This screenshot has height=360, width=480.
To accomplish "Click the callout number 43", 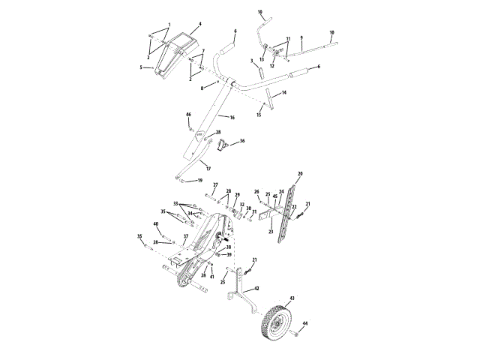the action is (292, 298).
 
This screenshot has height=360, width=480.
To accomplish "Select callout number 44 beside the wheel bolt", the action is (304, 323).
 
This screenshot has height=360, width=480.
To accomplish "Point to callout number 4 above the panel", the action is (200, 25).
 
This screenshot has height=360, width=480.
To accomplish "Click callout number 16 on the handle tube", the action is (231, 118).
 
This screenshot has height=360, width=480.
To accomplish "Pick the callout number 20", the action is (300, 173).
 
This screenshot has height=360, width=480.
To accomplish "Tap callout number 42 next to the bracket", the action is (257, 287).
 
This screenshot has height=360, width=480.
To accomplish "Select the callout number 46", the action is (189, 115).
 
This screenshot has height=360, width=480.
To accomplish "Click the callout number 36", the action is (241, 140).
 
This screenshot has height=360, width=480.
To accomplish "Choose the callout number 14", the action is (284, 93).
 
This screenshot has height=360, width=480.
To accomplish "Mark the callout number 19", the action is (199, 181).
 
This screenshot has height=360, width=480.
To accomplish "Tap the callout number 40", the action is (156, 223).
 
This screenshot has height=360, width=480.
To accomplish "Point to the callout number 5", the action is (140, 67).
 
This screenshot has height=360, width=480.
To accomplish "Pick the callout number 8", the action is (202, 88).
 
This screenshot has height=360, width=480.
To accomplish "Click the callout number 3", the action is (252, 60).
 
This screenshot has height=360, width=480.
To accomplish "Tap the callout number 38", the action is (229, 247).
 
